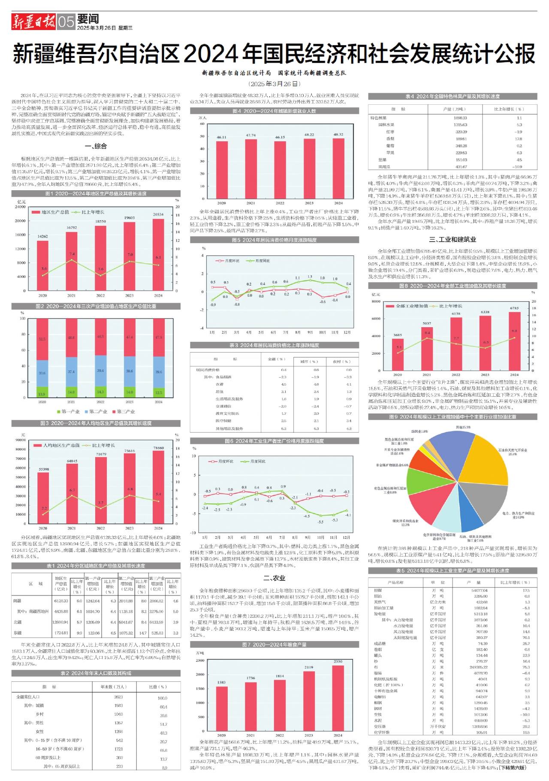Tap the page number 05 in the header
(x=66, y=22)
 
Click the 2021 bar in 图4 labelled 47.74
(x=251, y=170)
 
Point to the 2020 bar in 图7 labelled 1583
(x=221, y=708)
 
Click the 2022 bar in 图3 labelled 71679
(x=101, y=490)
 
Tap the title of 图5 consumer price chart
(x=274, y=240)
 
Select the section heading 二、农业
(x=274, y=578)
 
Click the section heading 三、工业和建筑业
(x=452, y=240)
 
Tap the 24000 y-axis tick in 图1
(x=20, y=207)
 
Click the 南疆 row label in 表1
(x=17, y=601)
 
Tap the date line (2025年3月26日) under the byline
(x=274, y=84)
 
